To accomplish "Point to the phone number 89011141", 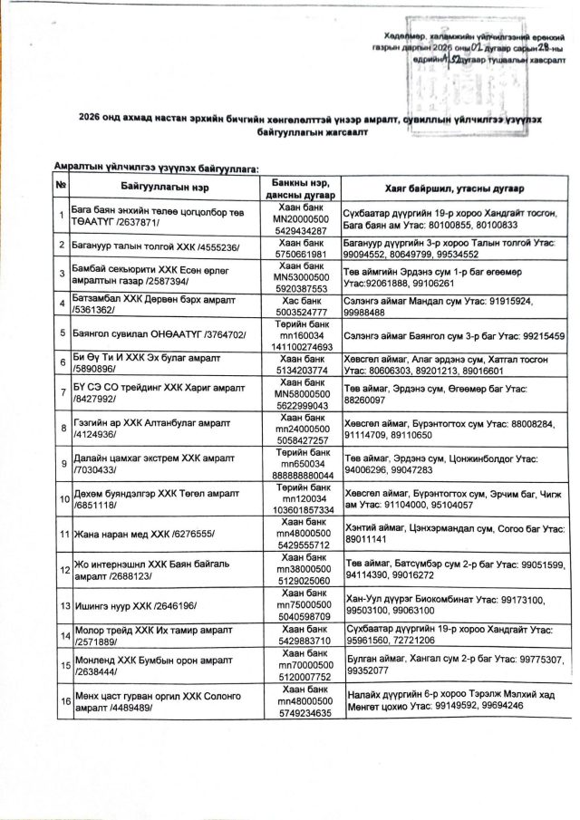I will (x=367, y=541).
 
